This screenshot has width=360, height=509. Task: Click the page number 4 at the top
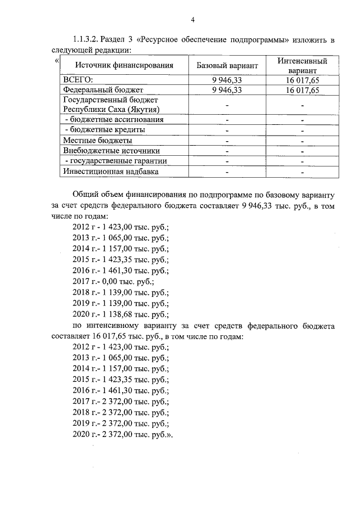point(192,21)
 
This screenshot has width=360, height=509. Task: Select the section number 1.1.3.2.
point(87,40)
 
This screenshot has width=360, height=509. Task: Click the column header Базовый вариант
point(227,66)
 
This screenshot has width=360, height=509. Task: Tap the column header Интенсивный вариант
point(302,66)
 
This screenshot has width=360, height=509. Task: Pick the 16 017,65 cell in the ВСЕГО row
point(302,80)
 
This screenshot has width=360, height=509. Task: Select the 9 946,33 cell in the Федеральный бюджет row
point(227,90)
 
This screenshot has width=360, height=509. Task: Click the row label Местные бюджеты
point(98,140)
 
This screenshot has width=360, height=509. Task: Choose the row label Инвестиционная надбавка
point(111,172)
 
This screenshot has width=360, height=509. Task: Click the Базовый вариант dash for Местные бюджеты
point(227,140)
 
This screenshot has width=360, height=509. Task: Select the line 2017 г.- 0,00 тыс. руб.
point(113,282)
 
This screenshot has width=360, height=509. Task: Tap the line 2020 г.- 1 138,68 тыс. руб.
point(120,314)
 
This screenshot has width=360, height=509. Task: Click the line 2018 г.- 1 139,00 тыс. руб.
point(120,293)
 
